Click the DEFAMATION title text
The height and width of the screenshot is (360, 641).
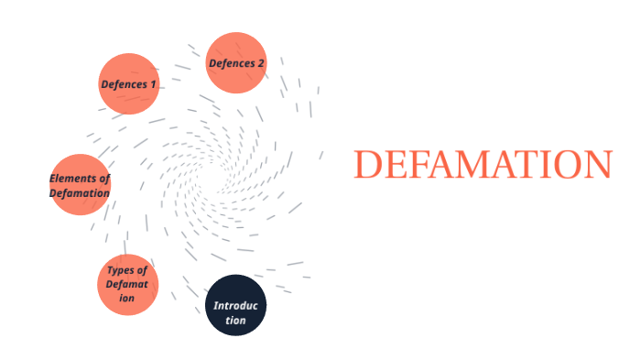[x=482, y=165]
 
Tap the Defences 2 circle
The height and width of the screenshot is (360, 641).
[x=236, y=63]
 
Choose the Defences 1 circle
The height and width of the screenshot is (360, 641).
[x=128, y=84]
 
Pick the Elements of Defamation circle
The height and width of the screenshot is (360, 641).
[x=80, y=185]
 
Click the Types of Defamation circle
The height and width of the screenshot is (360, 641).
[x=127, y=285]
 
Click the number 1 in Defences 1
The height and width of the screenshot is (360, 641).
[x=153, y=84]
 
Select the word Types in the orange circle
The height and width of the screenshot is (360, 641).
[x=120, y=270]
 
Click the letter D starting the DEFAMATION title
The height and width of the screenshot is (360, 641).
[x=368, y=165]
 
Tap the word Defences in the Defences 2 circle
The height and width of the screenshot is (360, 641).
[x=230, y=63]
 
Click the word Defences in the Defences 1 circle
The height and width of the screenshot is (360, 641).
[x=122, y=84]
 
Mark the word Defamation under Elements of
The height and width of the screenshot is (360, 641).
[x=80, y=193]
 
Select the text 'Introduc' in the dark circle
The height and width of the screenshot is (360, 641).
[x=236, y=305]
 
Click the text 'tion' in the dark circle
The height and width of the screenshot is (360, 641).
[x=236, y=321]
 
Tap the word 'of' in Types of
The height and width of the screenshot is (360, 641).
[x=140, y=270]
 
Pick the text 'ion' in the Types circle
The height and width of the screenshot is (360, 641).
[x=126, y=299]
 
